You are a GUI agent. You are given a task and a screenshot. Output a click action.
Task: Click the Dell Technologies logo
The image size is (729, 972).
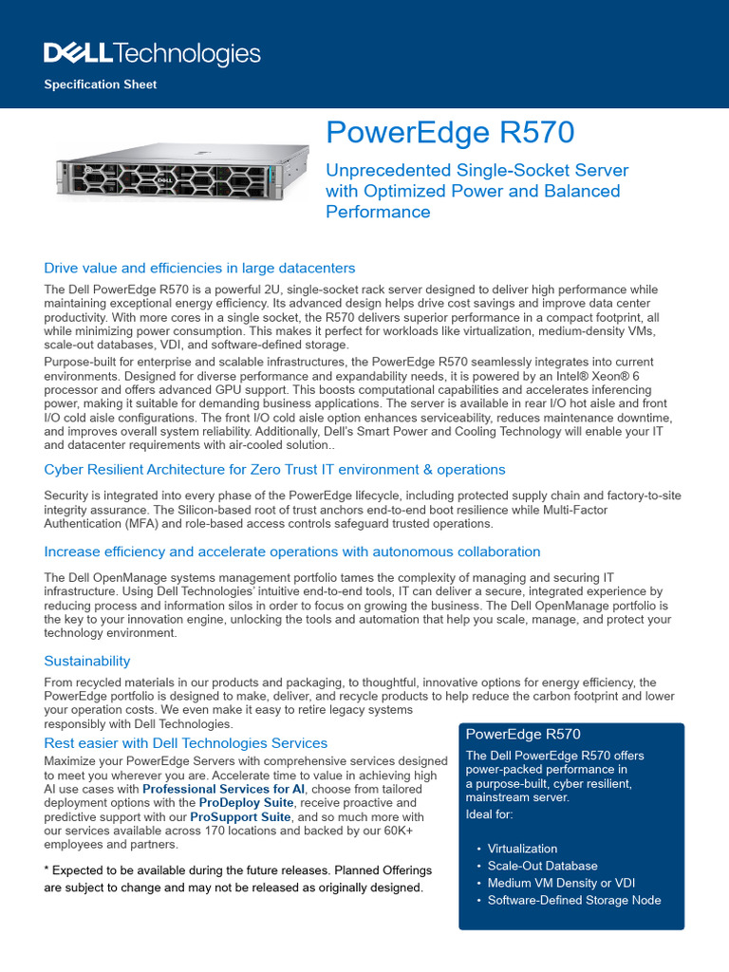(152, 53)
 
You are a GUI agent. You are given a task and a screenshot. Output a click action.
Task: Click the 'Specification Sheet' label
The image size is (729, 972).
(101, 84)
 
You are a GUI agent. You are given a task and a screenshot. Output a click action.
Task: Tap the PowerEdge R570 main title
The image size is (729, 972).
(450, 133)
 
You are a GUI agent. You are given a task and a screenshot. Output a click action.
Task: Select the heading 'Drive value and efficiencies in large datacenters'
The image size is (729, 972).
(199, 269)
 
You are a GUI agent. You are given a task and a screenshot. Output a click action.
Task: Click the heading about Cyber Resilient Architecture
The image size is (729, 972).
(274, 470)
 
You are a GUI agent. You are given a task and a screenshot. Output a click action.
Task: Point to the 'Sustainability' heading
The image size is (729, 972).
(87, 661)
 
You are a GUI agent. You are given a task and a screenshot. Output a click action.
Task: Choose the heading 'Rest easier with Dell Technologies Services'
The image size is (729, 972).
(186, 743)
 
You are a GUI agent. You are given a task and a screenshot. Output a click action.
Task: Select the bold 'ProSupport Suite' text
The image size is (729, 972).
(239, 816)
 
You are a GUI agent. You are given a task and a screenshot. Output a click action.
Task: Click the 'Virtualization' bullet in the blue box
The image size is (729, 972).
(522, 849)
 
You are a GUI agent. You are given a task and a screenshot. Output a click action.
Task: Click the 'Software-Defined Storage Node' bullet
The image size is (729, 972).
(574, 900)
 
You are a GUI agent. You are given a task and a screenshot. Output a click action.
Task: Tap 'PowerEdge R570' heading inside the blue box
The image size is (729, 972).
(523, 735)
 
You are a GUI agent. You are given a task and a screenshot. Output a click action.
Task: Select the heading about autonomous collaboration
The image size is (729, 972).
(292, 551)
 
